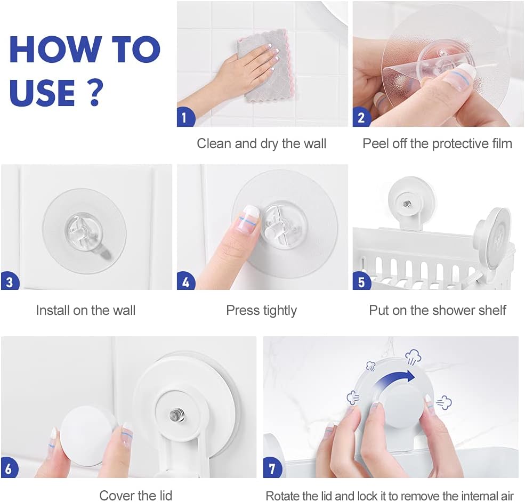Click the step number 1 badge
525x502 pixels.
click(184, 117)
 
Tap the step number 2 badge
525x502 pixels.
click(361, 117)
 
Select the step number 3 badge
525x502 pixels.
click(9, 281)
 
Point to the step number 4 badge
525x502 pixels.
click(185, 281)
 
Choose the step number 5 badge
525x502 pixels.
click(361, 281)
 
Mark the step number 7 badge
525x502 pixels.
click(272, 468)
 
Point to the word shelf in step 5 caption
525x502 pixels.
click(492, 310)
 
